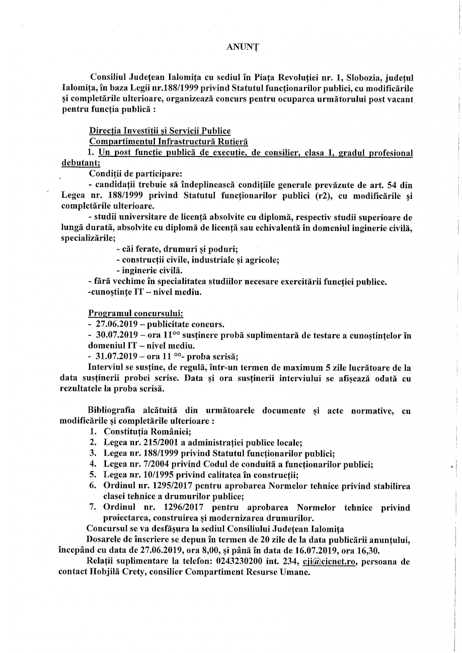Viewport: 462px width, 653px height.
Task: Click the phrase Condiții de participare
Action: pos(133,174)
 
